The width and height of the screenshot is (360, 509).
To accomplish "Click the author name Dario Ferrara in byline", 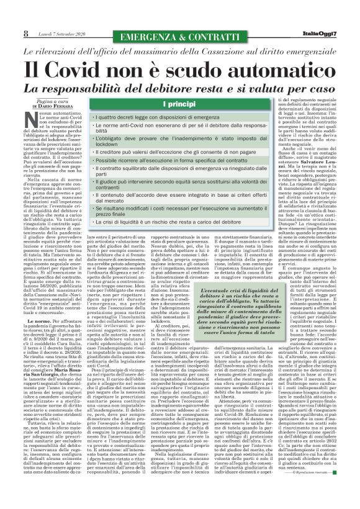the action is pyautogui.click(x=51, y=107).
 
